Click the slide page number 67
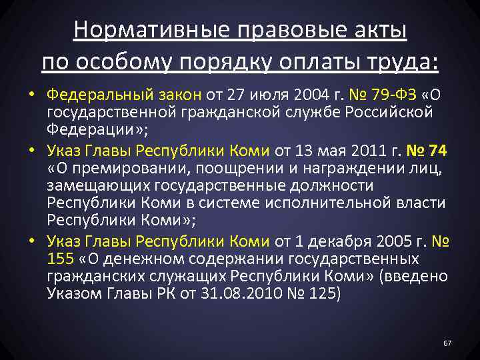point(447,343)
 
